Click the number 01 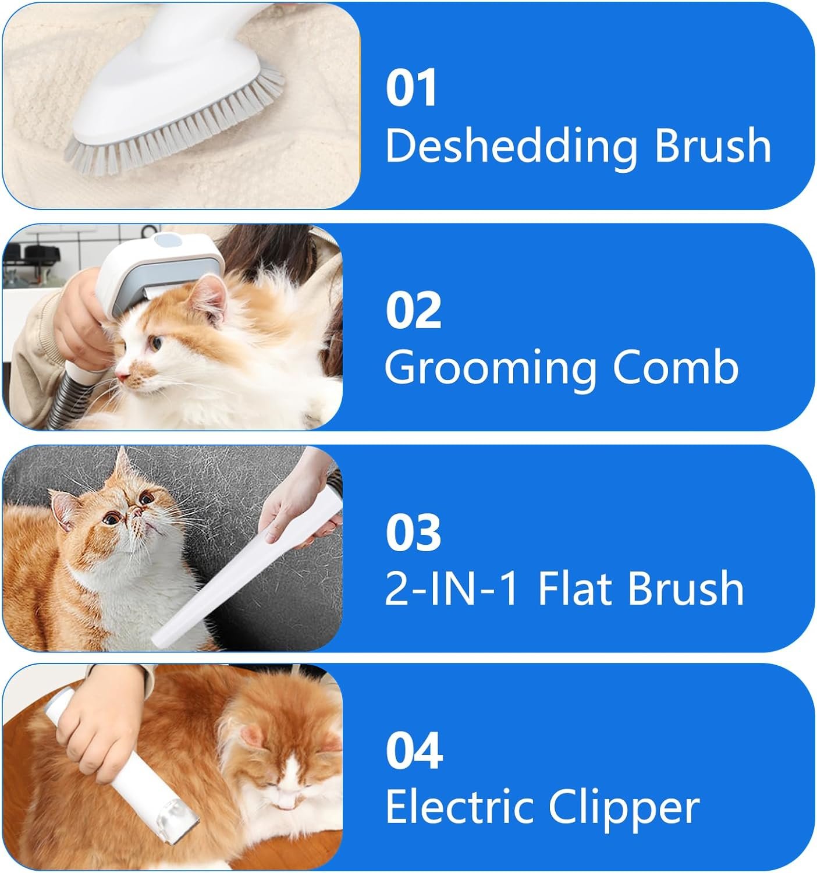pos(411,87)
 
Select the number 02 pos(413,310)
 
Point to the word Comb pos(676,366)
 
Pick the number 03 pos(413,533)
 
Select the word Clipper pos(624,811)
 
